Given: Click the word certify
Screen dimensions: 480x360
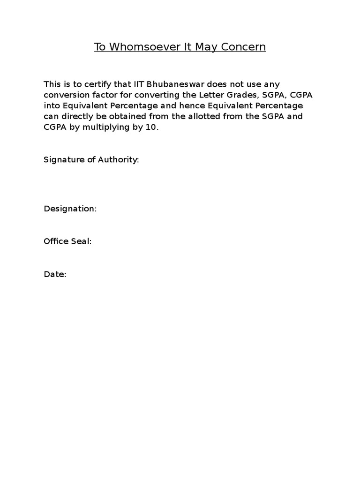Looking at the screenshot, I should (x=92, y=84).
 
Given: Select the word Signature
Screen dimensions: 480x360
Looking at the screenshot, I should (x=64, y=160).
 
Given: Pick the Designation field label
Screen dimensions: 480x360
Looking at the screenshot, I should (x=70, y=209).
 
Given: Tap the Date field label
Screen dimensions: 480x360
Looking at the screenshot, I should (x=55, y=274).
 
